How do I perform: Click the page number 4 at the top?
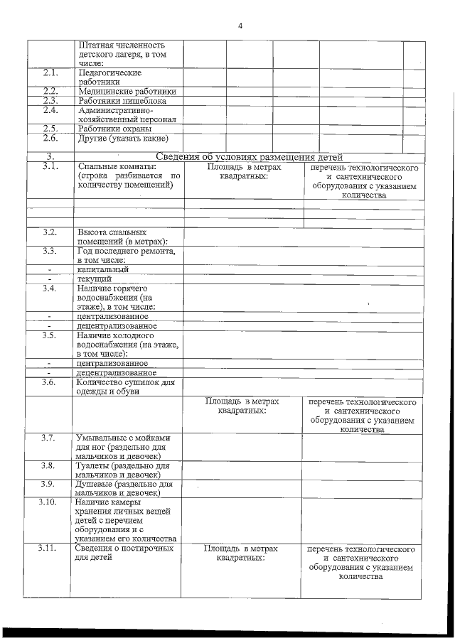pos(240,26)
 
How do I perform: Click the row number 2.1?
pos(50,73)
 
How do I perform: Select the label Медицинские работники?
pos(127,91)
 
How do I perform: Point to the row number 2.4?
pos(50,110)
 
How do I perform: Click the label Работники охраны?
pos(114,129)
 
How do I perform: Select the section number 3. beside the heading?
pos(50,157)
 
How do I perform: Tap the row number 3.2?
pos(50,232)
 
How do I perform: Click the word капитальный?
pos(103,269)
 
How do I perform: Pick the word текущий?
pos(95,279)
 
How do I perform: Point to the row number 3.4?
pos(50,288)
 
